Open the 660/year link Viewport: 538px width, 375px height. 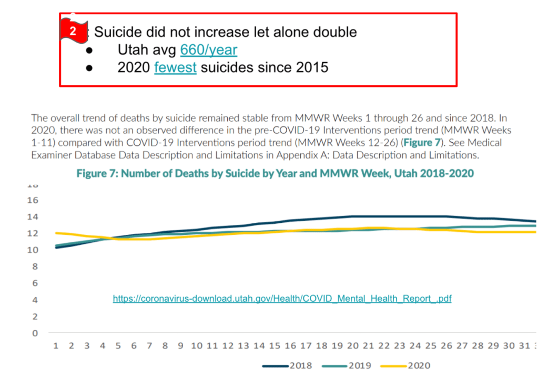[x=208, y=50]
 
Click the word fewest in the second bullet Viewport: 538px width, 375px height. [x=175, y=67]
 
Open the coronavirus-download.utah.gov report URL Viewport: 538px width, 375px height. [x=282, y=299]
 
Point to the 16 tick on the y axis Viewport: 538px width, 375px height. [x=33, y=200]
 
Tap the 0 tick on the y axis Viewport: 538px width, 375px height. [x=34, y=333]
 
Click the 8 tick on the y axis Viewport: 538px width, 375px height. [x=34, y=267]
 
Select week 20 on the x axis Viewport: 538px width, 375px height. [x=352, y=346]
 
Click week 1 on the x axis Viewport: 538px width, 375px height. [x=56, y=346]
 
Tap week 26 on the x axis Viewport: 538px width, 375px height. [x=446, y=346]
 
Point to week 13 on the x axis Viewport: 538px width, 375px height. [x=243, y=346]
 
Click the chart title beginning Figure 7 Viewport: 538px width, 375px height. [x=275, y=173]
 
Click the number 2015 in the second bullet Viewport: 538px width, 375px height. [x=308, y=67]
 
